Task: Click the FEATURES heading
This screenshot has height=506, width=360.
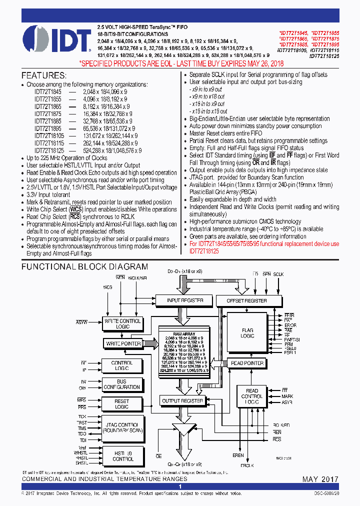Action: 43,75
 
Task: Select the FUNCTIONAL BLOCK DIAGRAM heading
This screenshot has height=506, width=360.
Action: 84,267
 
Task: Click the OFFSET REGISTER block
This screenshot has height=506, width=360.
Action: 246,300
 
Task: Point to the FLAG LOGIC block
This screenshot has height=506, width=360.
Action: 247,333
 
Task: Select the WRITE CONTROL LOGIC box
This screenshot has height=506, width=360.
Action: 122,323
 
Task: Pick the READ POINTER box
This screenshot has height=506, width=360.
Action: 247,363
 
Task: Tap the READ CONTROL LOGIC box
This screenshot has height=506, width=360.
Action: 252,396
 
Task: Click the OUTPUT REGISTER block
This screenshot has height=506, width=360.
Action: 182,400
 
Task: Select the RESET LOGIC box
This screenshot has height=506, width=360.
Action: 121,404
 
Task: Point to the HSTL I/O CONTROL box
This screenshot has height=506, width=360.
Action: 122,456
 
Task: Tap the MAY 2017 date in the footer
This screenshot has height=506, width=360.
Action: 320,479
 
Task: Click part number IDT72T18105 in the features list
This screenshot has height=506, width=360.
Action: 49,135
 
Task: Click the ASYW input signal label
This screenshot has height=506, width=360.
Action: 82,323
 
